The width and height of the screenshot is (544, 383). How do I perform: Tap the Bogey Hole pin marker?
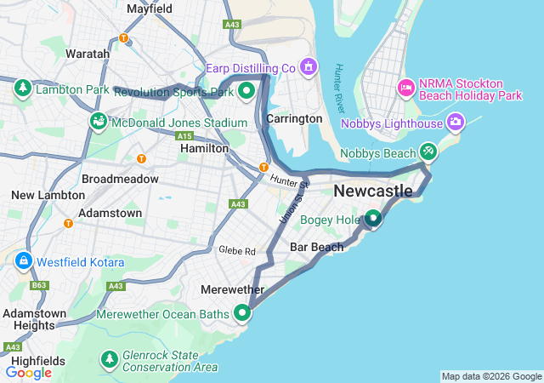(372, 219)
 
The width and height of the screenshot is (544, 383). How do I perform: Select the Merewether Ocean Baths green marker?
(243, 313)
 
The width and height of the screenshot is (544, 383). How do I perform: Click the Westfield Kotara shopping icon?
(23, 260)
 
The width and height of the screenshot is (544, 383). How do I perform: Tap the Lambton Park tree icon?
(22, 88)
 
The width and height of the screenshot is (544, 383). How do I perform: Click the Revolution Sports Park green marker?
(246, 89)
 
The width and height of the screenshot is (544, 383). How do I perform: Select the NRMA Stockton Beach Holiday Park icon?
(406, 88)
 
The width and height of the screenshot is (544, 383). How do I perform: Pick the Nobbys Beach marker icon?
(428, 151)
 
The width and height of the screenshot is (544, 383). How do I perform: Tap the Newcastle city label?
(373, 191)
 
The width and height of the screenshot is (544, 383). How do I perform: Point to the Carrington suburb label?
(294, 118)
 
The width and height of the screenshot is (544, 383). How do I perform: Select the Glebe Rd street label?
(237, 251)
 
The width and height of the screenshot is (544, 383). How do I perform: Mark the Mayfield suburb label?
(150, 9)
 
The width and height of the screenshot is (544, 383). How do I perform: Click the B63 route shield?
(39, 285)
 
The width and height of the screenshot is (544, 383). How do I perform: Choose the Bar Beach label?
(316, 247)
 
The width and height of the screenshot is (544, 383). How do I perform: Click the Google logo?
(29, 372)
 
